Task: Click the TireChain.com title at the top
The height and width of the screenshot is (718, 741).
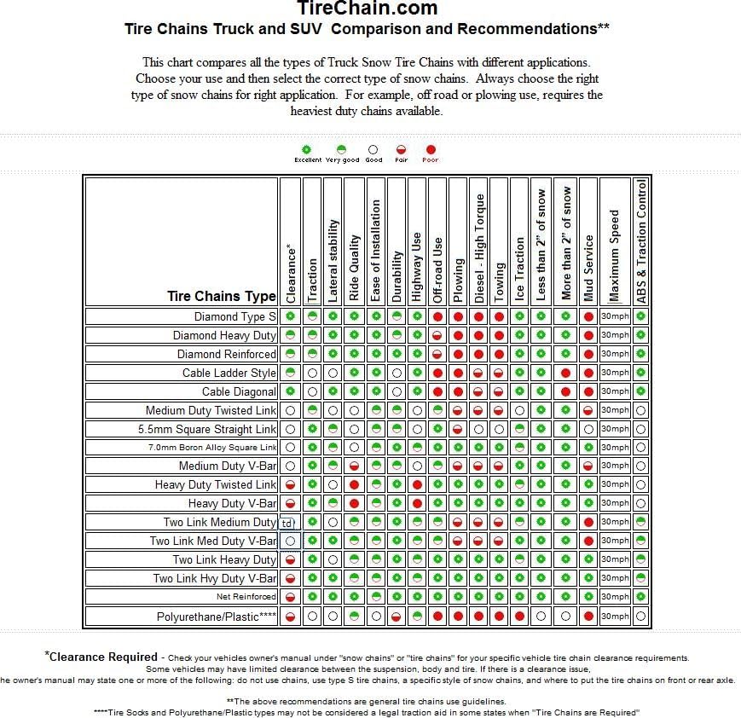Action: click(x=368, y=9)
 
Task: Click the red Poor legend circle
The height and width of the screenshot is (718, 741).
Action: click(x=431, y=149)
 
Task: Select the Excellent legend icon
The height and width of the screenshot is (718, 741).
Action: click(x=308, y=149)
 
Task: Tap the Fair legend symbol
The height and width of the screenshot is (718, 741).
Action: click(x=401, y=149)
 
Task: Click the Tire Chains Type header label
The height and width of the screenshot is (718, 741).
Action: click(x=222, y=296)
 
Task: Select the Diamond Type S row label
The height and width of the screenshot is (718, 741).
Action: click(x=234, y=316)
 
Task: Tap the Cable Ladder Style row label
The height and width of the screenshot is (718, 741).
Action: click(x=229, y=373)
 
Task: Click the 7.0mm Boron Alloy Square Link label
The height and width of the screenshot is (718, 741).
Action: click(x=212, y=448)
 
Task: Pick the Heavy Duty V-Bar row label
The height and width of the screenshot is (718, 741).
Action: click(x=232, y=503)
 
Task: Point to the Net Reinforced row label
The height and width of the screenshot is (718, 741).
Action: click(x=246, y=597)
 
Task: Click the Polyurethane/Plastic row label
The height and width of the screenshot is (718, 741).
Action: click(x=217, y=617)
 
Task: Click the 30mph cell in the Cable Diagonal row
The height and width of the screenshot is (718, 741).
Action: click(x=615, y=391)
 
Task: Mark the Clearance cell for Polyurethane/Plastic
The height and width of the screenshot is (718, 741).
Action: click(x=291, y=616)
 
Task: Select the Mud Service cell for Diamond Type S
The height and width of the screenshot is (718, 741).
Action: click(x=588, y=316)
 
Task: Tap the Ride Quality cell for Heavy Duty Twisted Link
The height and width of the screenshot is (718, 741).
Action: click(x=354, y=484)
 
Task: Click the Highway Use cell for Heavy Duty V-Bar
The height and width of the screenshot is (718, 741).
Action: click(x=417, y=503)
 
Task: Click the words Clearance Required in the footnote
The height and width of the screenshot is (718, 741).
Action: click(x=103, y=657)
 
